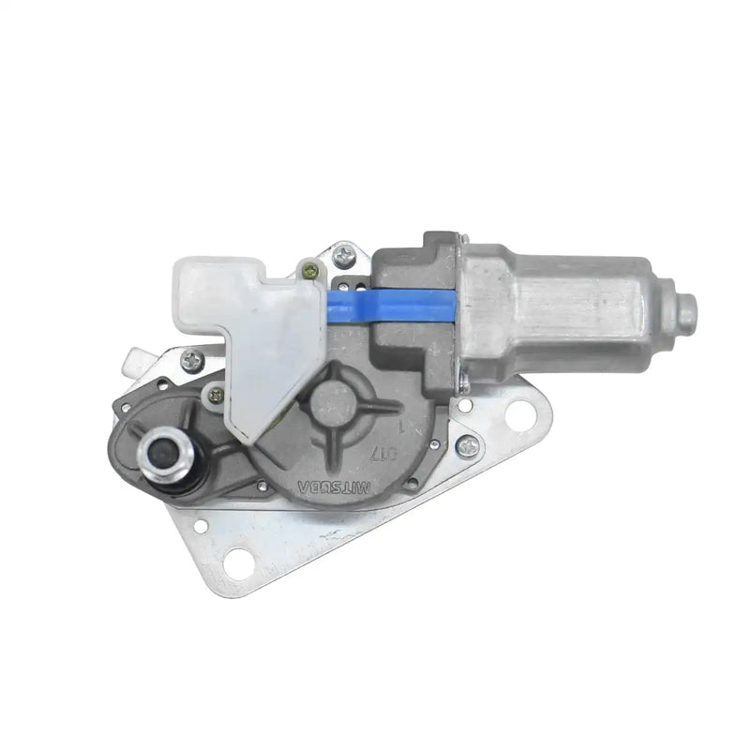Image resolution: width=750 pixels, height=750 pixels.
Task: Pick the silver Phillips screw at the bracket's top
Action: click(x=344, y=252)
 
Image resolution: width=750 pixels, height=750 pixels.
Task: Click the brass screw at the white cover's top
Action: click(x=309, y=271)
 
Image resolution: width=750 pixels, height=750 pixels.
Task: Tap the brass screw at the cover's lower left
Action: click(x=218, y=396)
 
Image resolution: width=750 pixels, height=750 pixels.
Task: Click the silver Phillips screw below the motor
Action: click(x=464, y=448)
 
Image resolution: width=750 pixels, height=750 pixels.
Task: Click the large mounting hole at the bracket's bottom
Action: click(x=239, y=562)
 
